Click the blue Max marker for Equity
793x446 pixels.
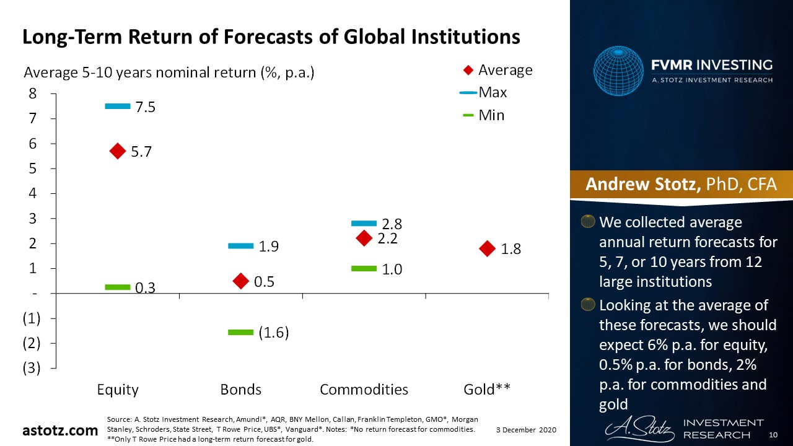tap(118, 107)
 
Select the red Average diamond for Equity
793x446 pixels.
tap(118, 151)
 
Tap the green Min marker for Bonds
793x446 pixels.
tap(241, 333)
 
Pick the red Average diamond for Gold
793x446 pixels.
tap(488, 248)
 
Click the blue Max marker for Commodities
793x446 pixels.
tap(364, 223)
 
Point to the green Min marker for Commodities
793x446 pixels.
tap(364, 268)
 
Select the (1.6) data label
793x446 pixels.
tap(274, 333)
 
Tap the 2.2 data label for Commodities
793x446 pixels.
tap(387, 238)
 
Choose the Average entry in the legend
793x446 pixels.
tap(497, 70)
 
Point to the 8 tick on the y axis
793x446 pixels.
tap(32, 94)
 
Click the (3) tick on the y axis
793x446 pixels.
tap(32, 368)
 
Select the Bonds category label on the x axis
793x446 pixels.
tap(241, 390)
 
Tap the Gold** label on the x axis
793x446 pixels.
tap(487, 390)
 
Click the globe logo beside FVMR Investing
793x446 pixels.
tap(618, 70)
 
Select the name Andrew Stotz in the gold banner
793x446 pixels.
tap(642, 185)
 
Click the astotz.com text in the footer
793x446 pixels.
tap(60, 430)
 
